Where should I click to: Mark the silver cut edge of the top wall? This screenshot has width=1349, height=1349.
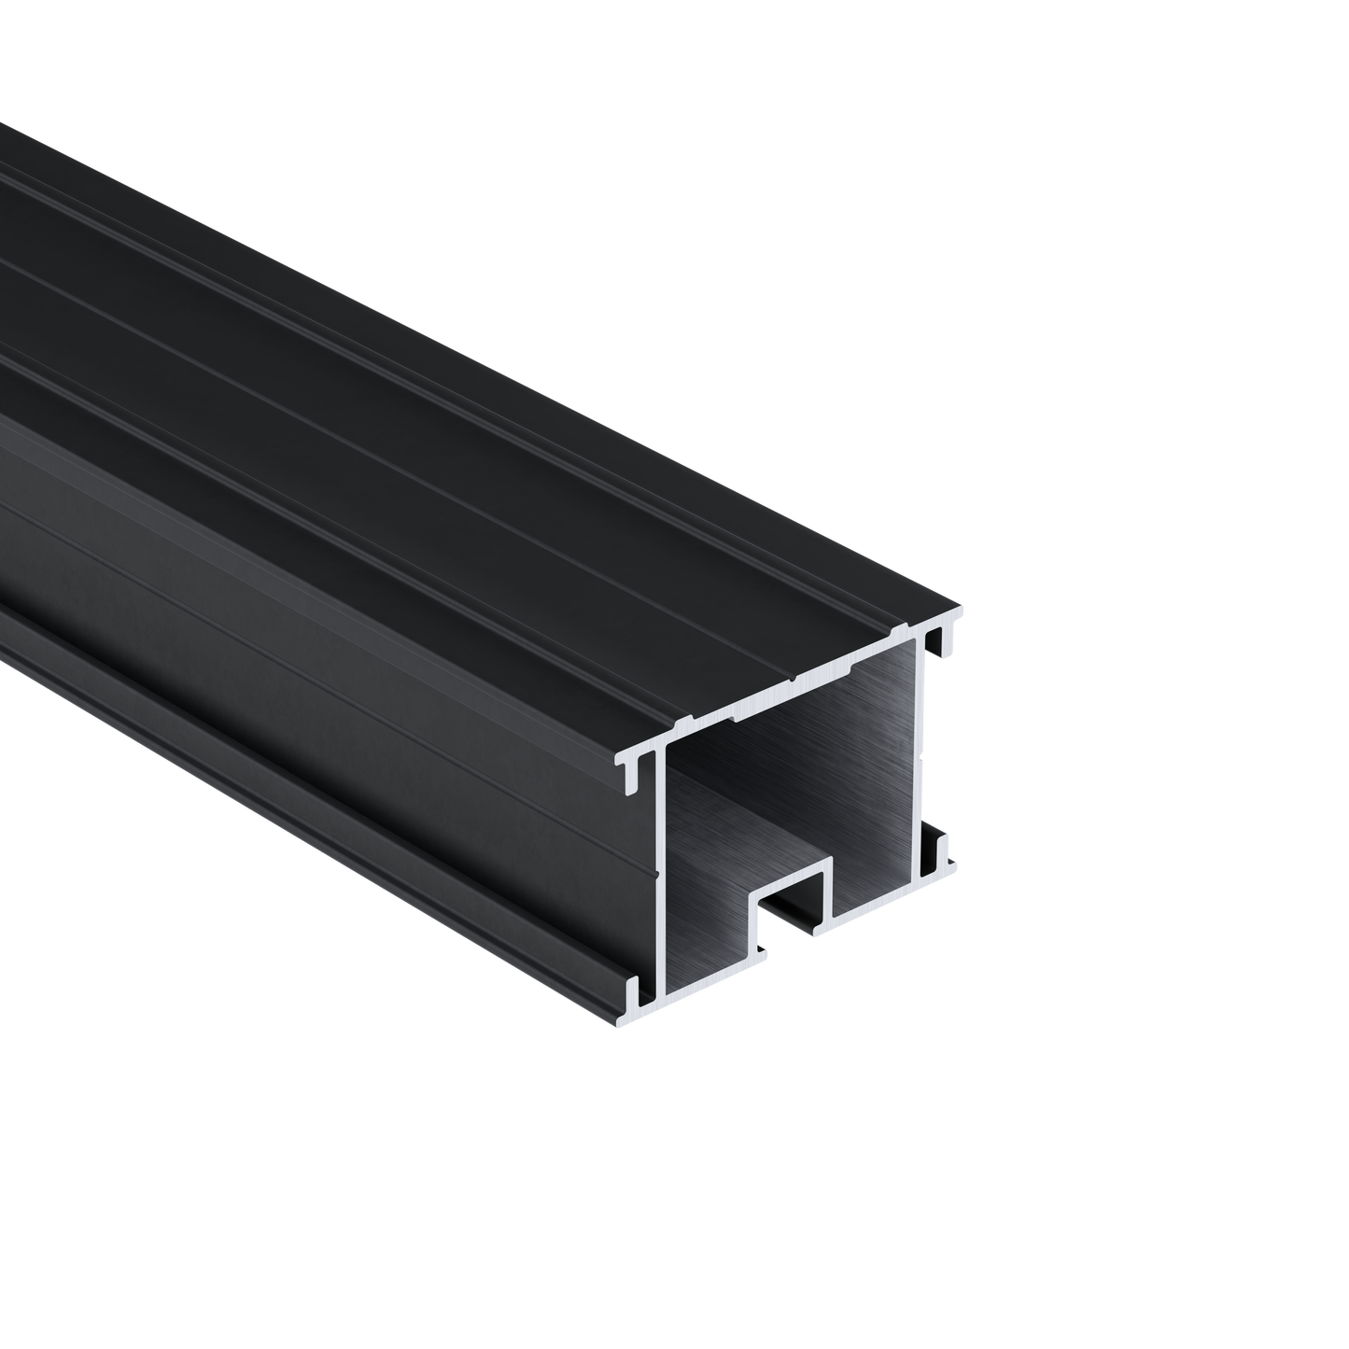coord(794,685)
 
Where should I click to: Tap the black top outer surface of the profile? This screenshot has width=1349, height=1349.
coord(467,373)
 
